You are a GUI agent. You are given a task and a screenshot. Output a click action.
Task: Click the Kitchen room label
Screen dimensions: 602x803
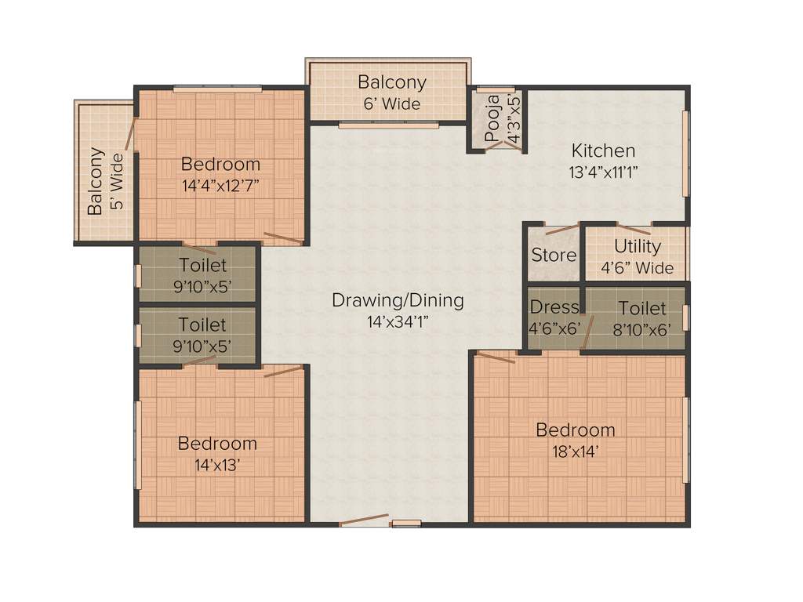tap(602, 150)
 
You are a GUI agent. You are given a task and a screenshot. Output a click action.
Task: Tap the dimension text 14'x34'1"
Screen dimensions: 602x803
tap(398, 321)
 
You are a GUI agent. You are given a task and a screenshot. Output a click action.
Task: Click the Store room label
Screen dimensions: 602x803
tap(554, 255)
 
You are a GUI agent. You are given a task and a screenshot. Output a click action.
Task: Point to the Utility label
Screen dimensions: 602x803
tap(637, 246)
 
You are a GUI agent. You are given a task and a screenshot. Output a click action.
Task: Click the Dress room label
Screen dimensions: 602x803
tap(554, 307)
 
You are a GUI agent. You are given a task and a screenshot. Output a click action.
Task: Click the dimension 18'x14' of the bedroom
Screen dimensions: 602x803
tap(575, 451)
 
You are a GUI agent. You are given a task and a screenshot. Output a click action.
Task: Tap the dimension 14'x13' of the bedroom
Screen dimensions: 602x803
tap(217, 464)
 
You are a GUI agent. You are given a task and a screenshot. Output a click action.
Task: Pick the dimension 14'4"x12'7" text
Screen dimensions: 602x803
tap(220, 186)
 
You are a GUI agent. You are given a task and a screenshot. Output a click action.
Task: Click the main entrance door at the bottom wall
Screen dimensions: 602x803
tap(365, 520)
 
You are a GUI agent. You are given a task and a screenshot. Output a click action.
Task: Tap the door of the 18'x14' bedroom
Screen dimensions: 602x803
tap(496, 357)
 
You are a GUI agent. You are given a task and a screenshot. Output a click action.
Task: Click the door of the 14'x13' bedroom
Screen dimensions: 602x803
tap(282, 370)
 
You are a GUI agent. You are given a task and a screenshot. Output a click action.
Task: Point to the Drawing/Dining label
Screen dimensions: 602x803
tap(398, 300)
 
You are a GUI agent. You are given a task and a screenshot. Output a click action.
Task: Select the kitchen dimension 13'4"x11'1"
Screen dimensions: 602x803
tap(604, 172)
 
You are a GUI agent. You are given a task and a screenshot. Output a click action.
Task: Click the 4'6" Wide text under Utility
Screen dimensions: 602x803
tap(637, 268)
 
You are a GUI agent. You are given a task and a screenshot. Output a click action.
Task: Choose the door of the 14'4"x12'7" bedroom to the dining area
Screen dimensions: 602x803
tap(283, 238)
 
